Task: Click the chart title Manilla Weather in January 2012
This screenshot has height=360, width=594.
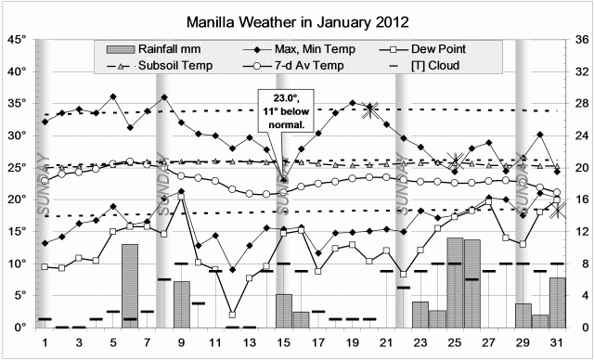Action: pos(297,19)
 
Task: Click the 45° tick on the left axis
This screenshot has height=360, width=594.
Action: pos(15,40)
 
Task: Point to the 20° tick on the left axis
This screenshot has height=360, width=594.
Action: pos(15,199)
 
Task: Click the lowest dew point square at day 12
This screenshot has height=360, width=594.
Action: pos(232,315)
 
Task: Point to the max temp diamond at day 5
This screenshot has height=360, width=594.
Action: pos(112,96)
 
